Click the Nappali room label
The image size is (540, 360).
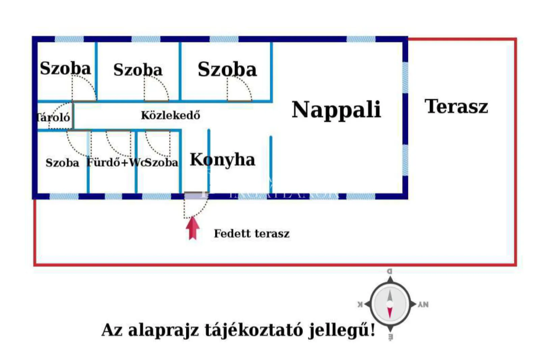tap(336, 110)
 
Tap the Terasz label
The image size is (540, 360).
tap(456, 106)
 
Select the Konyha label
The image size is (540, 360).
tap(222, 160)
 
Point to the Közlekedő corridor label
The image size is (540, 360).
tap(170, 115)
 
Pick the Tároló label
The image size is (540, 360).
tap(53, 118)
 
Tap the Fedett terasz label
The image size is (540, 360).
tap(251, 233)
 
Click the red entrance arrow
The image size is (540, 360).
tap(193, 228)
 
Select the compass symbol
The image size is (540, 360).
tap(390, 304)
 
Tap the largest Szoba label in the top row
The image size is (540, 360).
tap(227, 69)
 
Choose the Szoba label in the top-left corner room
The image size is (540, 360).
tap(65, 68)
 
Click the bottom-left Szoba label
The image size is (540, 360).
tap(62, 163)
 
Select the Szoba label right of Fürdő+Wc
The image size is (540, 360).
tap(162, 163)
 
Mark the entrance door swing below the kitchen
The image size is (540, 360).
tap(195, 207)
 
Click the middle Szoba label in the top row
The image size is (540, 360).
tap(138, 70)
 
